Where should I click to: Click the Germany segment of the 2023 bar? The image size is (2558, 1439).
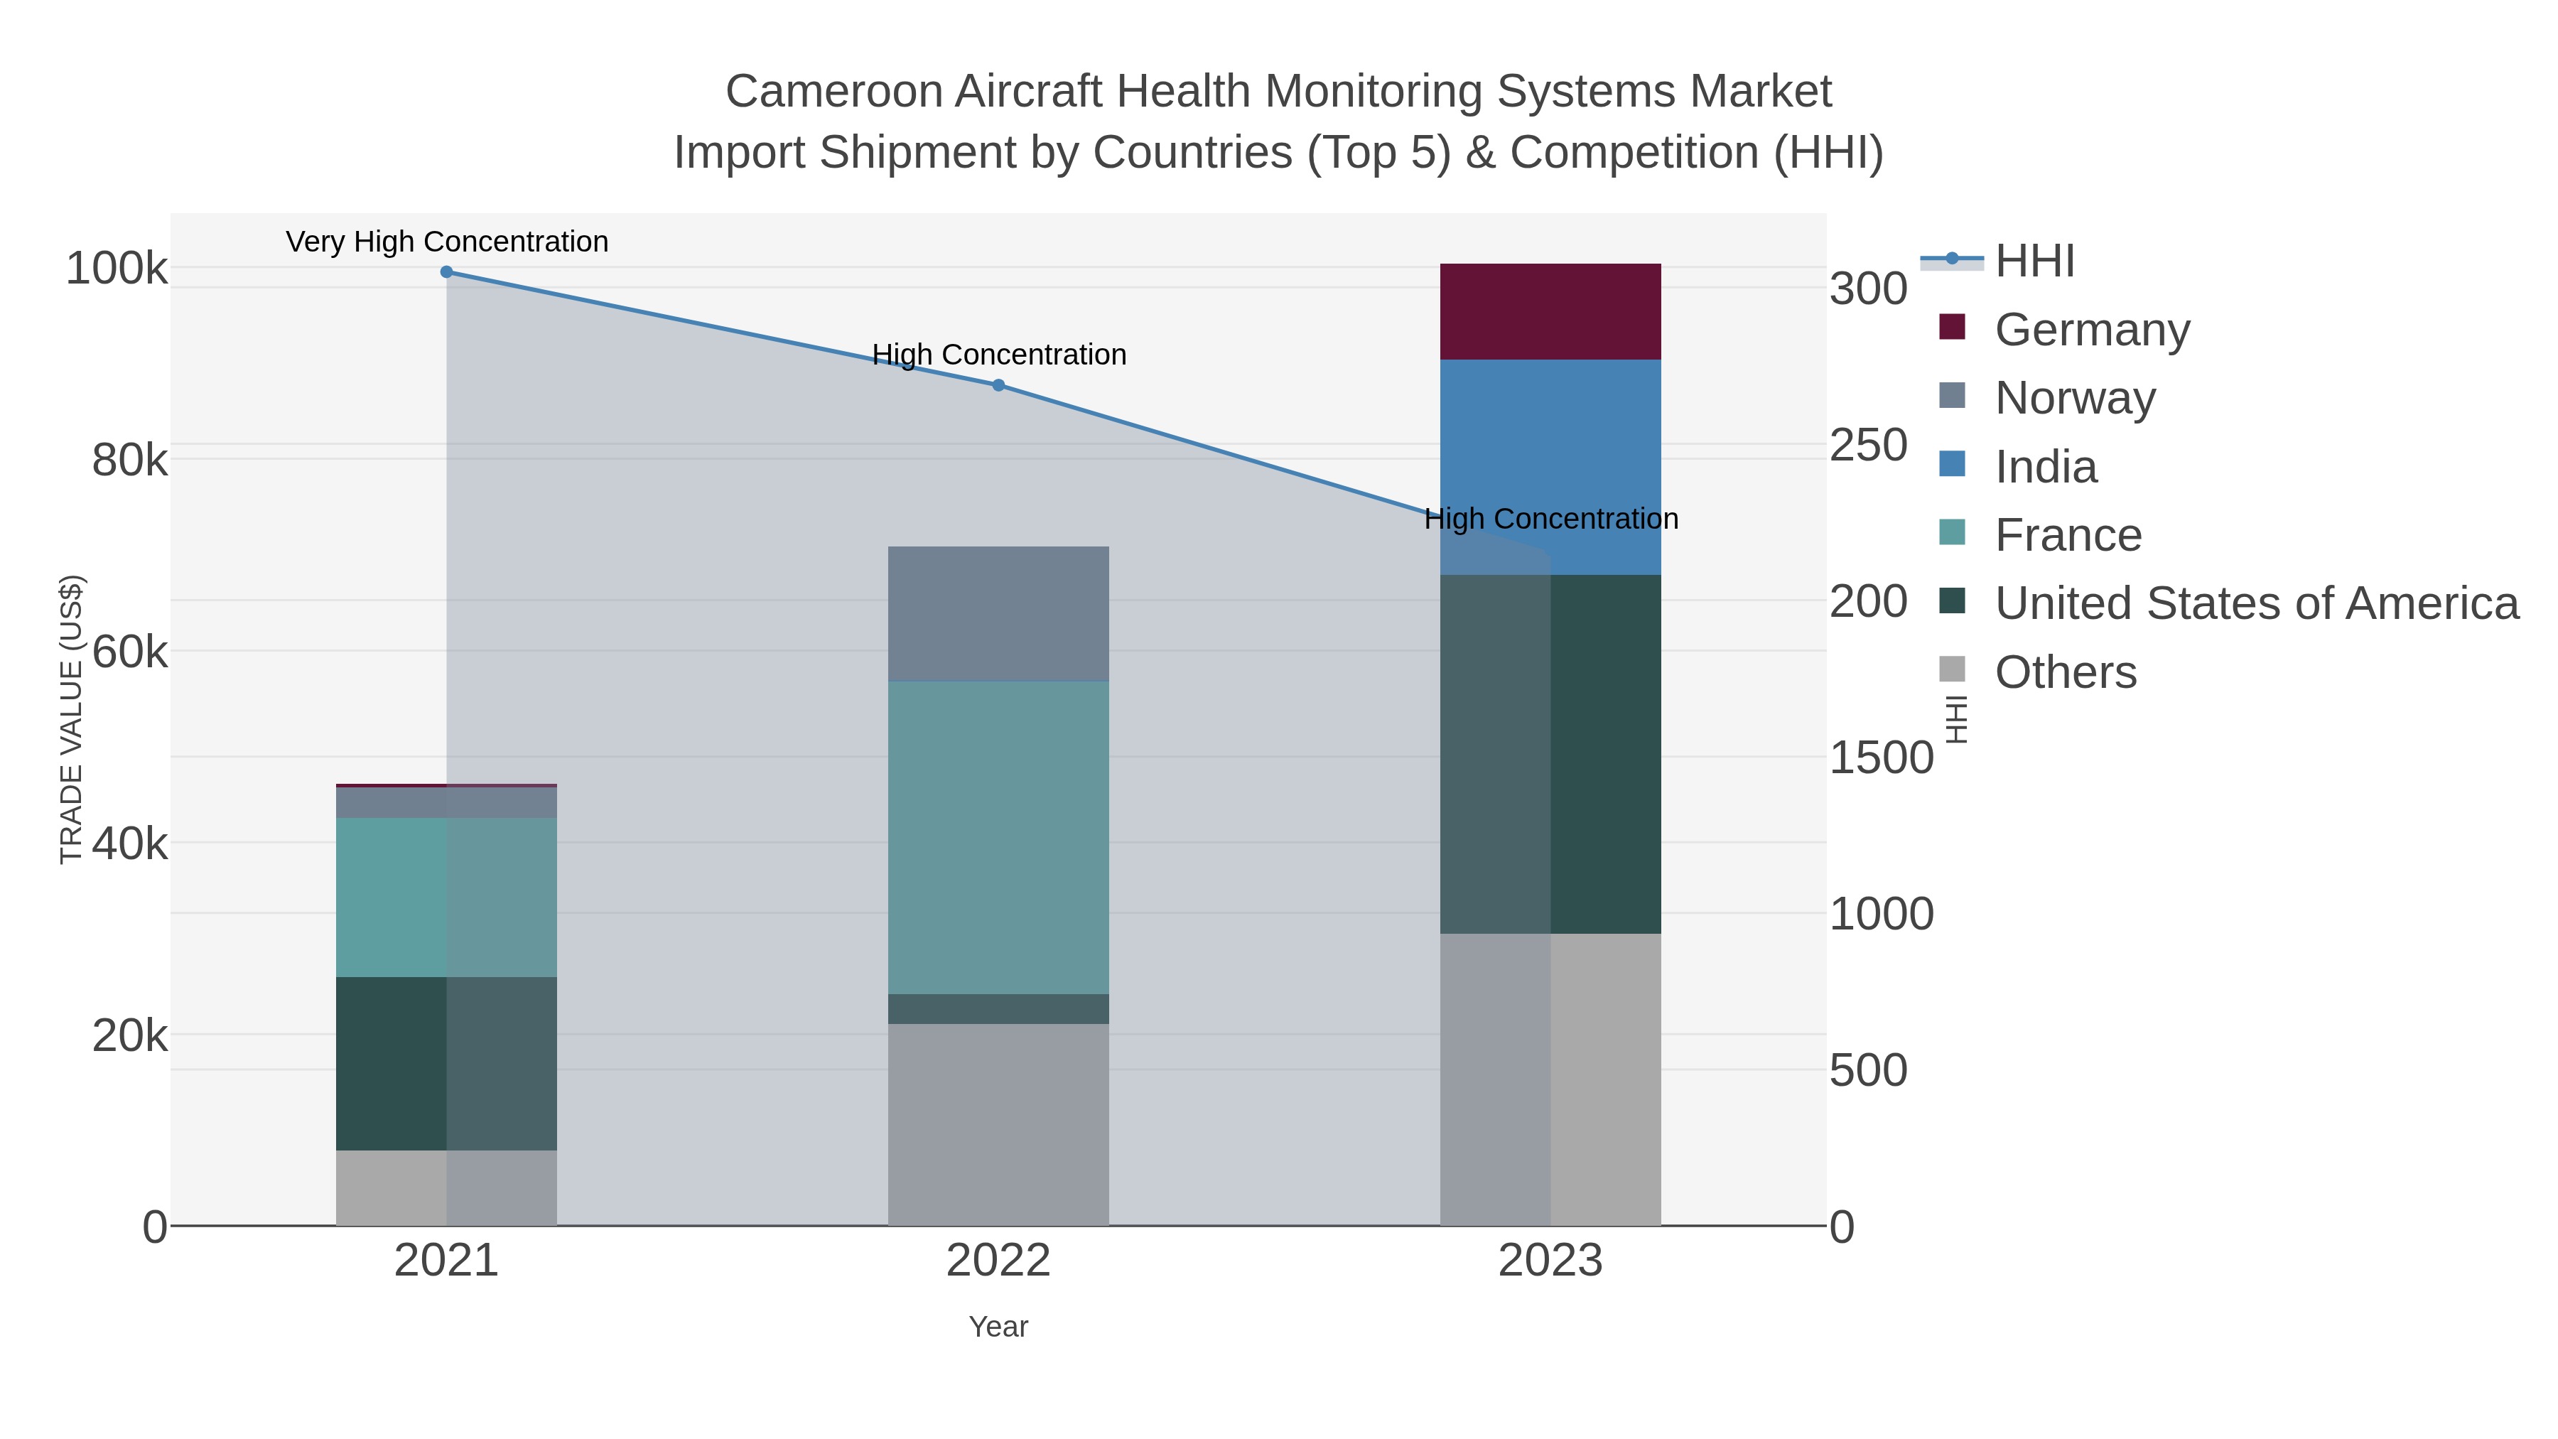click(1550, 312)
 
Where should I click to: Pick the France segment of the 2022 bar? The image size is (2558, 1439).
click(998, 837)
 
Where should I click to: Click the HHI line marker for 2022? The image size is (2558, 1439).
click(998, 385)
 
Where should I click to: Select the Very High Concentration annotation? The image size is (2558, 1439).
click(447, 242)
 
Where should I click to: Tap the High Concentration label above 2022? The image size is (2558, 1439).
click(999, 355)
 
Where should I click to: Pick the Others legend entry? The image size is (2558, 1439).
click(2066, 672)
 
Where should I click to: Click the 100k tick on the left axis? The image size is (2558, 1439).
click(117, 268)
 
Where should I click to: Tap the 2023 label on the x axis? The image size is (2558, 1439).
click(1550, 1261)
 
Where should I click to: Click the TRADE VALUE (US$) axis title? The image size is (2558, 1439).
click(72, 719)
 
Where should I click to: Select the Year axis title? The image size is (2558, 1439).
click(998, 1327)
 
